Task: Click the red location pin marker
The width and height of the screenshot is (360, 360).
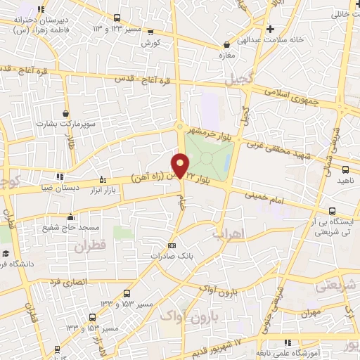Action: click(181, 166)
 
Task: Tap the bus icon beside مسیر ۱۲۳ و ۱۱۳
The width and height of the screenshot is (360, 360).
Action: click(117, 18)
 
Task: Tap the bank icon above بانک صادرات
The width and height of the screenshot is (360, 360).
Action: click(172, 245)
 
